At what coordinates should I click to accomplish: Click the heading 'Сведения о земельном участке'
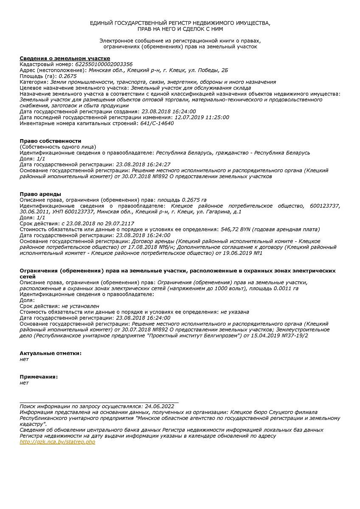pos(65,58)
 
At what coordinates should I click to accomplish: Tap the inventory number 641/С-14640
pos(157,123)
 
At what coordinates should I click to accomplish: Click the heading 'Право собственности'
pos(51,141)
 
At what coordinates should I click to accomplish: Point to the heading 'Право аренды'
pos(40,194)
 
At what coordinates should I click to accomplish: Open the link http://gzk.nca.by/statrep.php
pos(57,442)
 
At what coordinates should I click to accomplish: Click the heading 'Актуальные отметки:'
pos(51,353)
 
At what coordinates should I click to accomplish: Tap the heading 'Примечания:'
pos(39,377)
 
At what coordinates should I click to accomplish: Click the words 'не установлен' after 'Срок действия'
pos(80,306)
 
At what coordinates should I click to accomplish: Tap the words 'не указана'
pos(235,312)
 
